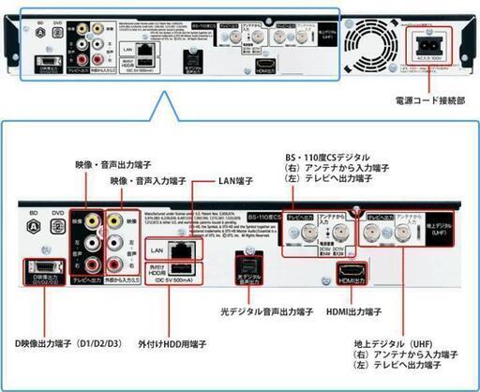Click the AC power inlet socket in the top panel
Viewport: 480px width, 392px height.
click(x=426, y=42)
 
